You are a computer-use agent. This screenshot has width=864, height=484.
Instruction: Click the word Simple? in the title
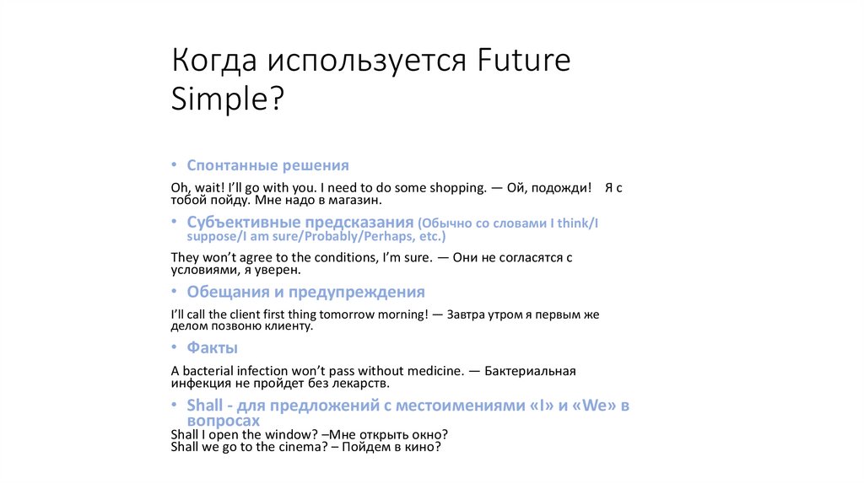click(x=228, y=99)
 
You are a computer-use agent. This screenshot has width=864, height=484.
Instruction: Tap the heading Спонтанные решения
click(x=267, y=165)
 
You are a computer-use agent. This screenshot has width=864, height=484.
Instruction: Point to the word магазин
click(x=356, y=202)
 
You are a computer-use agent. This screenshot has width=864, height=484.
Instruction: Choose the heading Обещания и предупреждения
click(x=305, y=292)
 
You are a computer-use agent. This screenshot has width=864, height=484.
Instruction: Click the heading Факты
click(x=212, y=347)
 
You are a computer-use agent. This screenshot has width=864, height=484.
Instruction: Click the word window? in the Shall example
click(x=273, y=433)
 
